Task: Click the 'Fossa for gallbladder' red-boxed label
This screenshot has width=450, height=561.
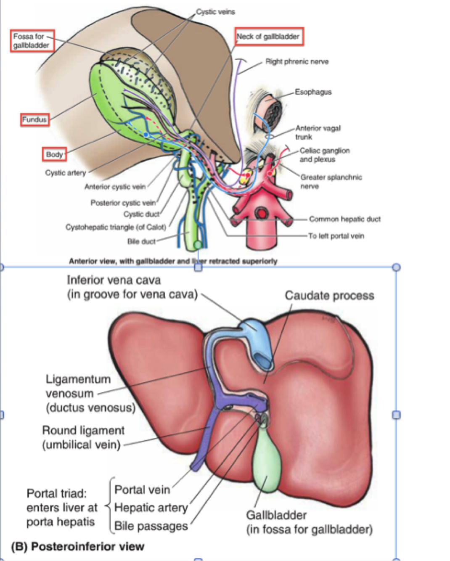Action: (x=32, y=41)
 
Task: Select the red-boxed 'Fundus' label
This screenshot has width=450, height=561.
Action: (x=34, y=120)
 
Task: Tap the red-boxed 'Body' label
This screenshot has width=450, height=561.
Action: (x=54, y=154)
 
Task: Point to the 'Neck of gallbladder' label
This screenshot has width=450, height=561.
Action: (x=268, y=37)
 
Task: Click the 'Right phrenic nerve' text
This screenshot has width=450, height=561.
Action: (x=297, y=62)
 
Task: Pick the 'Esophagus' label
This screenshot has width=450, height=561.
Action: (x=313, y=92)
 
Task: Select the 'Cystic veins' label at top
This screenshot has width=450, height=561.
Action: (x=215, y=12)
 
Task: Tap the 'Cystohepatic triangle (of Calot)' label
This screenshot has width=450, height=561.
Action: (x=116, y=228)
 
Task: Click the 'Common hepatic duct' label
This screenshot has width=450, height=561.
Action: (x=344, y=219)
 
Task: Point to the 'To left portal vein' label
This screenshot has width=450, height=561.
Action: (x=336, y=236)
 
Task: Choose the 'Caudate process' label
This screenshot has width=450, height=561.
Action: (x=329, y=296)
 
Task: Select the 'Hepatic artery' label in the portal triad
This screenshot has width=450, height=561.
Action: (x=151, y=508)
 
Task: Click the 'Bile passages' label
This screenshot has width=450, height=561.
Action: (x=151, y=526)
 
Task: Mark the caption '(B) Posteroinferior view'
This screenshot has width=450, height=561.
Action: (x=77, y=547)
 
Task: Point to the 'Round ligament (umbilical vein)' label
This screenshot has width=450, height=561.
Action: (x=83, y=437)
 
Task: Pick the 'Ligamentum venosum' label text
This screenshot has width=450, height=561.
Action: (x=78, y=380)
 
